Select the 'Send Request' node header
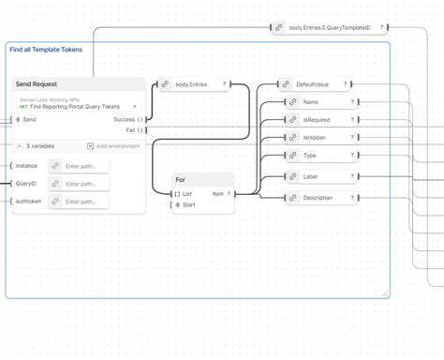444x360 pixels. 37,84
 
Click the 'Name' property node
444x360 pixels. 312,102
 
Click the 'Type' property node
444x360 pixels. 310,156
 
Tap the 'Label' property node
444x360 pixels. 311,175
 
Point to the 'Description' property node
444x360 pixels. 318,198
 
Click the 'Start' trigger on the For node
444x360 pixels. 188,204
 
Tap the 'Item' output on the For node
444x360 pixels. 218,194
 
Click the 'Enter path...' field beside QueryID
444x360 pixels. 79,184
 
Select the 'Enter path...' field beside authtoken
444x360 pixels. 79,202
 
